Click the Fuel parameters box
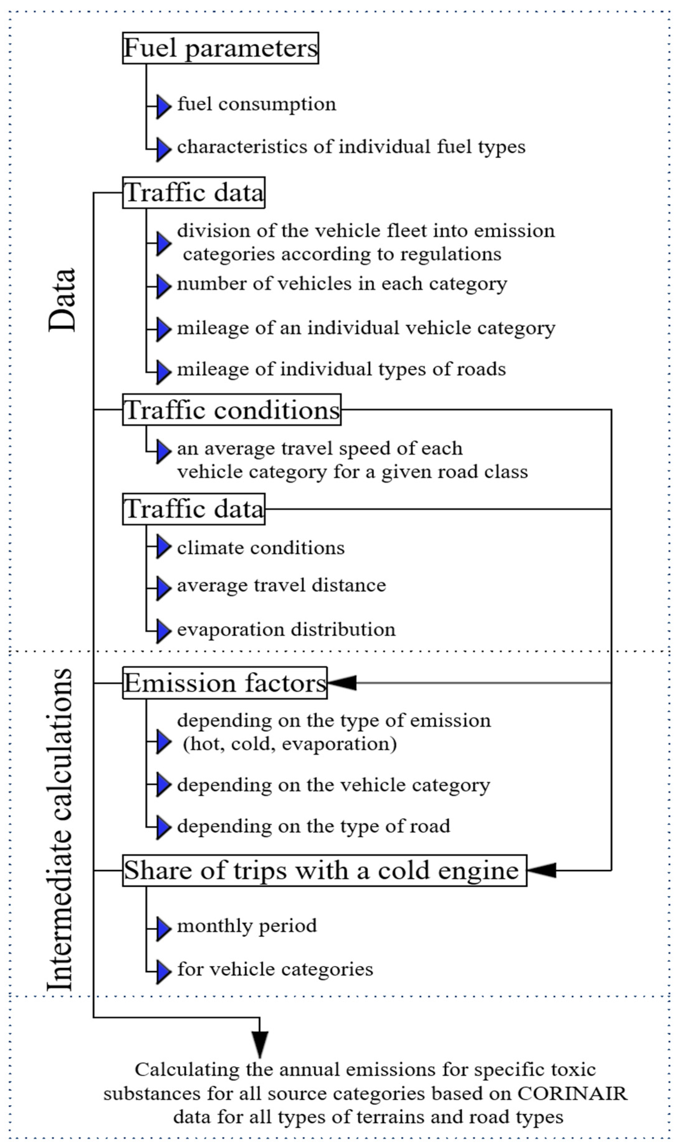pyautogui.click(x=220, y=48)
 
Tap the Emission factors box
pyautogui.click(x=224, y=683)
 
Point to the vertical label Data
pyautogui.click(x=62, y=300)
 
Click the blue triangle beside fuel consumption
pyautogui.click(x=163, y=106)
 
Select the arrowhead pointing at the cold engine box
pyautogui.click(x=541, y=870)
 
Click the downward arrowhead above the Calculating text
pyautogui.click(x=260, y=1043)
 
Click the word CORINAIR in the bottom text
pyautogui.click(x=572, y=1093)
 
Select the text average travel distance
pyautogui.click(x=281, y=586)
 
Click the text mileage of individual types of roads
pyautogui.click(x=341, y=369)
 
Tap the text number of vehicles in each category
pyautogui.click(x=342, y=284)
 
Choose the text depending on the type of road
pyautogui.click(x=313, y=826)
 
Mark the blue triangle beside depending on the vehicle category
pyautogui.click(x=163, y=784)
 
